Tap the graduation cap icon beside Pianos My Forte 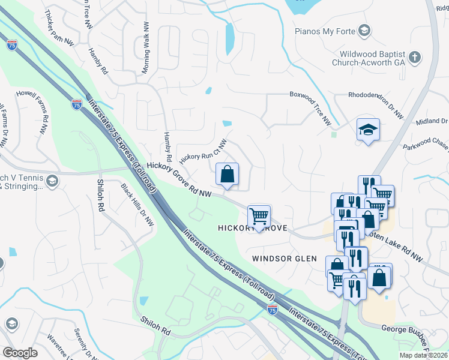[x=364, y=30]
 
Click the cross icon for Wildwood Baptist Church [x=414, y=58]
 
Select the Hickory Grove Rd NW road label [x=179, y=178]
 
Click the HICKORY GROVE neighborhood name [x=253, y=229]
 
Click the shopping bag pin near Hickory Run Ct [x=227, y=175]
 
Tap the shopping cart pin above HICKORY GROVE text [x=259, y=216]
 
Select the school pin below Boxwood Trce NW [x=368, y=129]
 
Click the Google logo [x=20, y=352]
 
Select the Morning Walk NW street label [x=145, y=49]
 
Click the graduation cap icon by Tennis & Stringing [x=52, y=181]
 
